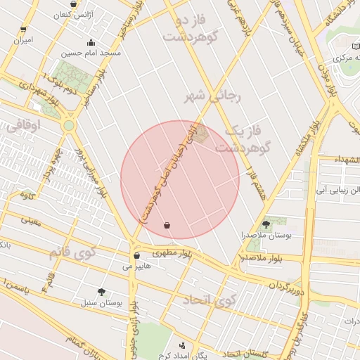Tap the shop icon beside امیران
coord(24,30)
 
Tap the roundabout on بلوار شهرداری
coord(69,125)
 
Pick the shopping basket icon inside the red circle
coord(167,225)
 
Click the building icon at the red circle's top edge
coord(201,132)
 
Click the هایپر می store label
coord(137,266)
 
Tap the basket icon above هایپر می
coord(136,255)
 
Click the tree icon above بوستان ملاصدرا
coord(264,224)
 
